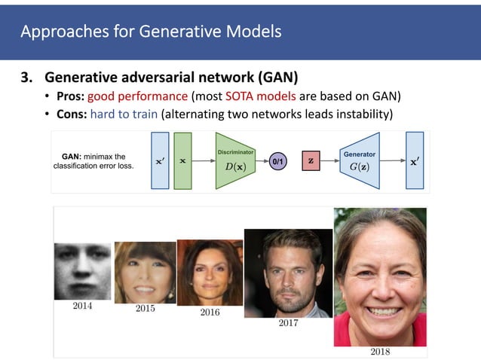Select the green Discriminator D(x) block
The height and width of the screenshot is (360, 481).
pyautogui.click(x=234, y=160)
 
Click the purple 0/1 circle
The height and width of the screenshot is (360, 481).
pyautogui.click(x=277, y=161)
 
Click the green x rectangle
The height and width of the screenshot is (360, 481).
pyautogui.click(x=183, y=160)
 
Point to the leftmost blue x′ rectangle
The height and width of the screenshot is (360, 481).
pyautogui.click(x=160, y=160)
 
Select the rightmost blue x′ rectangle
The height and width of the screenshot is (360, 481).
pyautogui.click(x=415, y=160)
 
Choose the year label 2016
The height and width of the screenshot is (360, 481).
pyautogui.click(x=209, y=312)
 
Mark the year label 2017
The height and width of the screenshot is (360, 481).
pyautogui.click(x=288, y=324)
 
